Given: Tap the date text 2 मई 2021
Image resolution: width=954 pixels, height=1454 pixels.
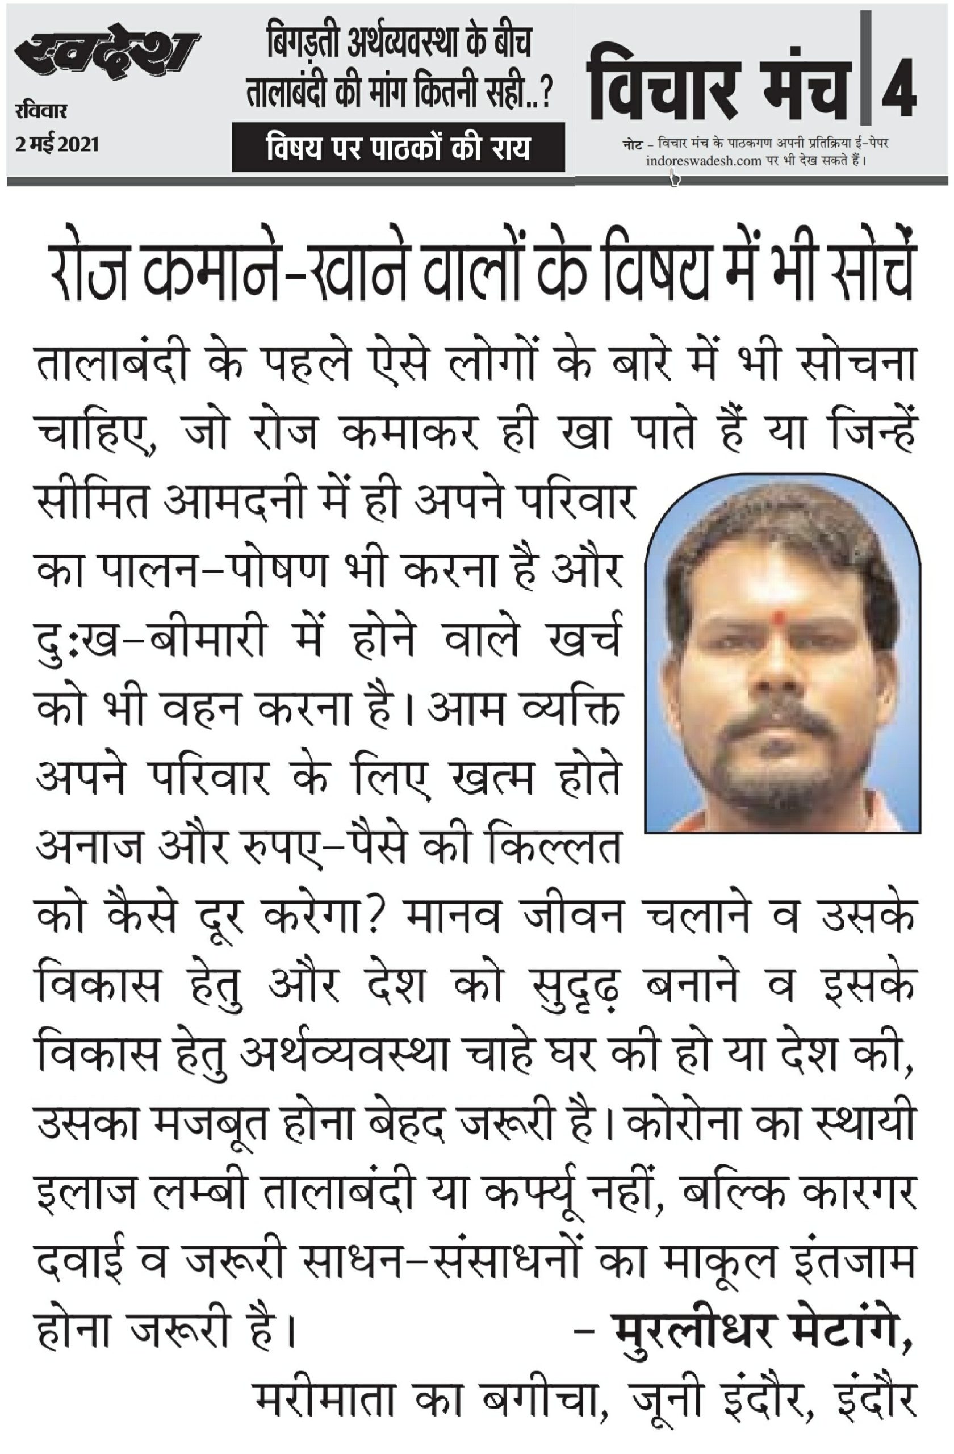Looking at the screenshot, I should [x=57, y=145].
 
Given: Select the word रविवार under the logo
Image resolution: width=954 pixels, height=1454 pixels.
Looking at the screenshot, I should [x=41, y=112].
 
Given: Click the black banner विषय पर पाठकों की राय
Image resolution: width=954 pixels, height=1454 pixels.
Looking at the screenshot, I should [x=397, y=147].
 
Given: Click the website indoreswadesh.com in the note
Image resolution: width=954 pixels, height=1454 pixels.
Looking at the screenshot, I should [x=703, y=161].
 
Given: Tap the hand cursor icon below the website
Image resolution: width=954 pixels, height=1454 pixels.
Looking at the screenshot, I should [x=674, y=178].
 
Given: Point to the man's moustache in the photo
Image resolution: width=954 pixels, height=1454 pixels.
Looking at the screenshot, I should [x=776, y=728].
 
